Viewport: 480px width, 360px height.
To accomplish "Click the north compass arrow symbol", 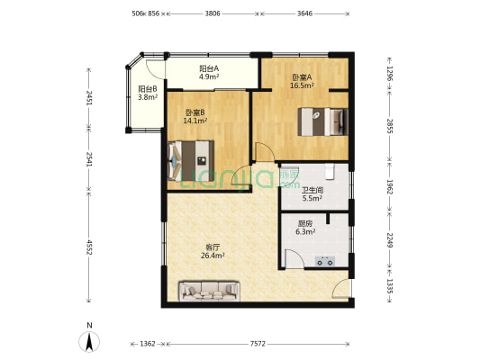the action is coord(89,342).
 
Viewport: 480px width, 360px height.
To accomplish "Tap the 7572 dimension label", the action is coord(258,344).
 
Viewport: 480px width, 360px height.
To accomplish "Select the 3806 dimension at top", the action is coord(213,13).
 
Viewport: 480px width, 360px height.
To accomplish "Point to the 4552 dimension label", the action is coord(89,247).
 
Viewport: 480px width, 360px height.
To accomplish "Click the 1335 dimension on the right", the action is coord(389,286).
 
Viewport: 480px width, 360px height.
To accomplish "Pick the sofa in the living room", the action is coord(210,292).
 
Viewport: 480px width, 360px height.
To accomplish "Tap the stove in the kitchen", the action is coord(325,262).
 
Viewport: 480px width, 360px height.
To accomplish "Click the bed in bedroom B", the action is coord(190,161).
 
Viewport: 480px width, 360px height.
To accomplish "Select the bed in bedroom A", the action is coord(323,121).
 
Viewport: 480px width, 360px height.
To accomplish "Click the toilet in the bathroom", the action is coord(330,171).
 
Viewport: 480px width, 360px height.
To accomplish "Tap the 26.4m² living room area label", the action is coord(213,256).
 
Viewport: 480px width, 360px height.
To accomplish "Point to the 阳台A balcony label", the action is coord(209,68).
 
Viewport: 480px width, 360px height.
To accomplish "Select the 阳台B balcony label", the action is coord(148,89).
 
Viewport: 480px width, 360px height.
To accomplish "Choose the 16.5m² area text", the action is coord(302,85).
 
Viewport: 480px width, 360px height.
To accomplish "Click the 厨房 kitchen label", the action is coord(305,223).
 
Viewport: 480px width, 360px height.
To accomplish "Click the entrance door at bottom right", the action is coord(340,288).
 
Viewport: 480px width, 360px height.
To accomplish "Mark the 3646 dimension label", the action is coord(304,13).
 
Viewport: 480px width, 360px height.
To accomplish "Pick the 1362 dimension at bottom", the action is coord(148,344).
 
